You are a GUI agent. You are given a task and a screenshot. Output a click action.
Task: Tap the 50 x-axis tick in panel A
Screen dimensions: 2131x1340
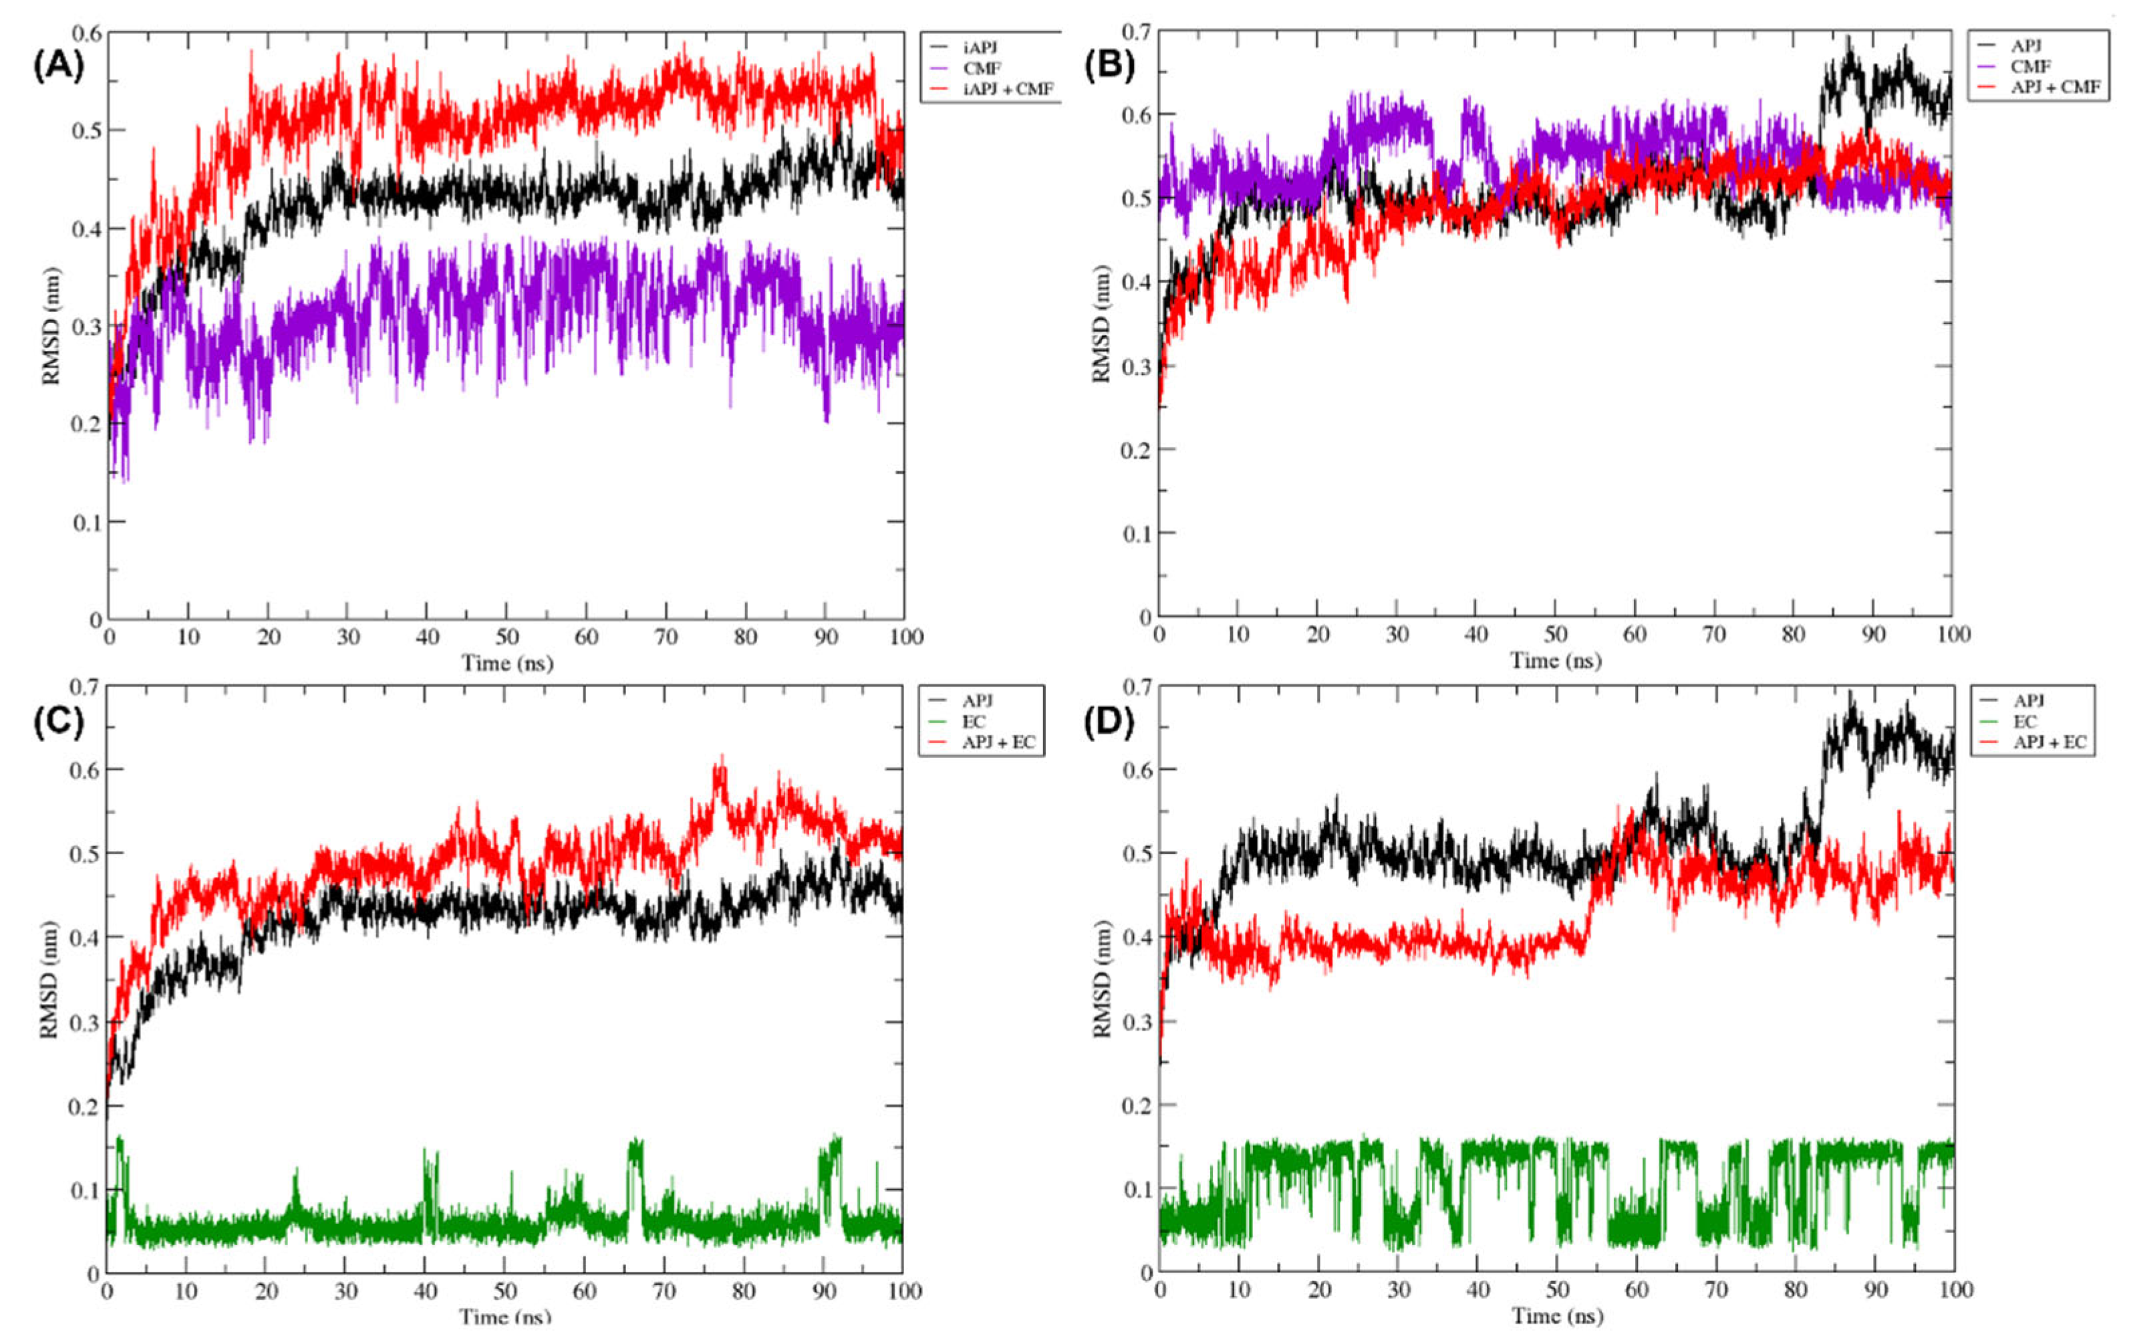tap(507, 636)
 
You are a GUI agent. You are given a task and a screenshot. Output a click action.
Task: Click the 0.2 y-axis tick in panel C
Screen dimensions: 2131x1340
tap(85, 1105)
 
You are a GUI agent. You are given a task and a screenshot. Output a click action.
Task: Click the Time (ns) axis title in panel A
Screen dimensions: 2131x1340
tap(507, 663)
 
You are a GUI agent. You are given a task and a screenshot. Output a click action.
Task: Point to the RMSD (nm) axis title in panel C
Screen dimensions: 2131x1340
tap(49, 979)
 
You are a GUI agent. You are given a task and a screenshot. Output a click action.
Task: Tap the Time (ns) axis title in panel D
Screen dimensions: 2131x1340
tap(1557, 1316)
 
